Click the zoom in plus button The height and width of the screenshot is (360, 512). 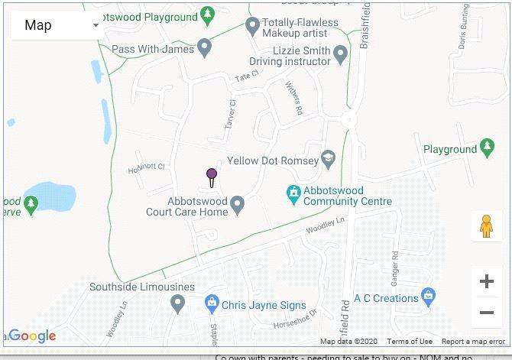(486, 282)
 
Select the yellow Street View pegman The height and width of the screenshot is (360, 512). (486, 226)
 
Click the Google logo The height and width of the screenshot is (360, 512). (32, 336)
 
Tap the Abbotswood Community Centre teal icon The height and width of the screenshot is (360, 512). (292, 191)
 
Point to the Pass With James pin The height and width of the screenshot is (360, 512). (204, 48)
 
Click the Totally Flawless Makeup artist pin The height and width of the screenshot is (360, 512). (252, 28)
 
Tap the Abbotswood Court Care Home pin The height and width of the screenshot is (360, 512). (238, 204)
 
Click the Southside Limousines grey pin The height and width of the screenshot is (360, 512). (177, 304)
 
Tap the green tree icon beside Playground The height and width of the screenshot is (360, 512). (488, 147)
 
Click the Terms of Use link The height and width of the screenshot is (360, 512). (410, 342)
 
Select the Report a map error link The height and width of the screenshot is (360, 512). (473, 342)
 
